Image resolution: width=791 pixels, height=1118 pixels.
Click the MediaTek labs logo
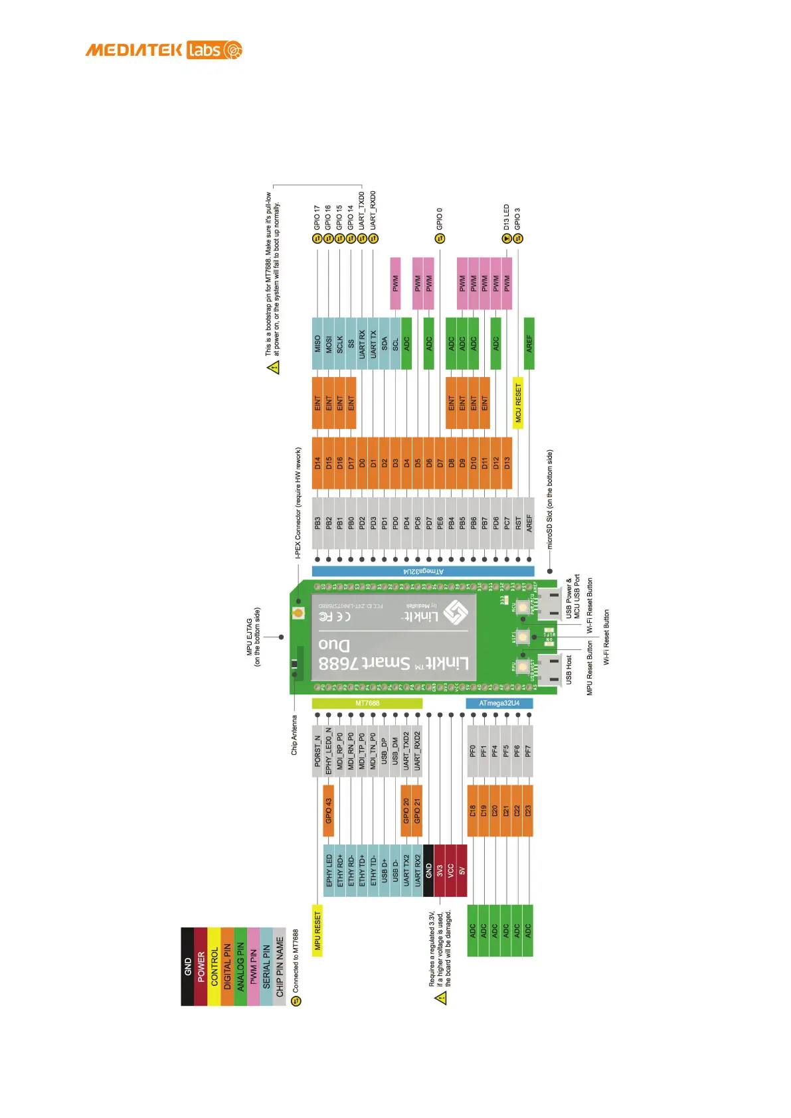(x=163, y=50)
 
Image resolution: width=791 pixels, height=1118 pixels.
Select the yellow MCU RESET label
(x=518, y=403)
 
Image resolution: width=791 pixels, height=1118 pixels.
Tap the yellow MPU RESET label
(x=317, y=930)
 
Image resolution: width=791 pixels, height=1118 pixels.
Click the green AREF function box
(x=529, y=343)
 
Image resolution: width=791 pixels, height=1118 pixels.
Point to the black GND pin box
(x=428, y=870)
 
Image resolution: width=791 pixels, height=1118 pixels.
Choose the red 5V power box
(x=462, y=870)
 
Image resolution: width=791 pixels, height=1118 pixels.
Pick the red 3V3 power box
(x=440, y=870)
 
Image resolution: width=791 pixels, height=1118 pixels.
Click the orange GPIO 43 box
(x=328, y=811)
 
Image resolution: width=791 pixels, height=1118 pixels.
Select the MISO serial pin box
(x=317, y=343)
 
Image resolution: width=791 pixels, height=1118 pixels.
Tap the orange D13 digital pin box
(x=507, y=463)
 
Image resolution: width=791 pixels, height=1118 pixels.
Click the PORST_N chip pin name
(x=317, y=751)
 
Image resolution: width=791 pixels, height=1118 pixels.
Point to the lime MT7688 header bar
(x=367, y=703)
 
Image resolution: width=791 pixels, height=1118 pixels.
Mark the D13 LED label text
(x=507, y=217)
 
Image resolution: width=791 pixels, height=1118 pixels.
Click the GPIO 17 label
(x=317, y=217)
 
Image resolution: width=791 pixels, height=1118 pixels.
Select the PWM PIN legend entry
(x=253, y=966)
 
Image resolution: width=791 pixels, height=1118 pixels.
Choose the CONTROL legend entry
(x=214, y=966)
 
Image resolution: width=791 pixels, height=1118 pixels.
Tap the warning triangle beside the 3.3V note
(x=440, y=998)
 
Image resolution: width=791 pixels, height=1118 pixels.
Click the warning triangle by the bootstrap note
(x=274, y=367)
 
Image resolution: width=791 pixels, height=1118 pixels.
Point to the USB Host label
(x=569, y=670)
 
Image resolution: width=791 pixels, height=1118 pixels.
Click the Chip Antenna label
(x=294, y=734)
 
